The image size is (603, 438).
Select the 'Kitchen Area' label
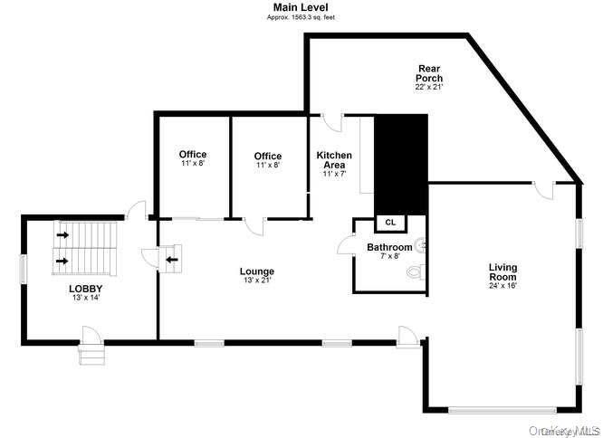(334, 160)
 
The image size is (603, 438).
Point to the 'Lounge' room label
(257, 271)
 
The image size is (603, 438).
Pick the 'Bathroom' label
(389, 247)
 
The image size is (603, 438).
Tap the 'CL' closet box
(390, 222)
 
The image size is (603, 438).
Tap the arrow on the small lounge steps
(172, 257)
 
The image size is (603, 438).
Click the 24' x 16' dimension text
(502, 286)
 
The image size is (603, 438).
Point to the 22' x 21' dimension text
(429, 87)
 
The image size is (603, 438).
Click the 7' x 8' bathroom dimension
(389, 256)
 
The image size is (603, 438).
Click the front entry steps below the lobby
(92, 354)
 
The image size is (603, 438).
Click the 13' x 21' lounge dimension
(257, 281)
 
